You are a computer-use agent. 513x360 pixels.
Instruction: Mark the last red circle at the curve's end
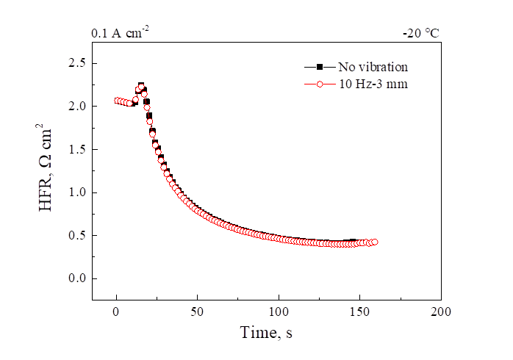click(374, 242)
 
